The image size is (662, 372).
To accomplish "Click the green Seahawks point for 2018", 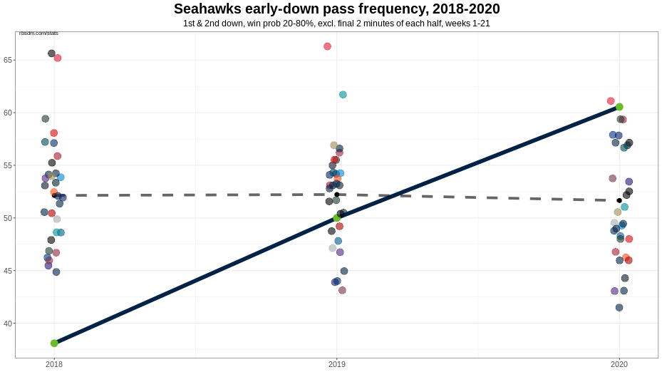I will click(x=54, y=343).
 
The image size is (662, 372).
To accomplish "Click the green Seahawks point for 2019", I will click(x=337, y=218).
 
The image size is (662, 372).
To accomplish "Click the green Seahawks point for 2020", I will click(x=619, y=107).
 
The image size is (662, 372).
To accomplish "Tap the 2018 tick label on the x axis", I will click(x=54, y=365).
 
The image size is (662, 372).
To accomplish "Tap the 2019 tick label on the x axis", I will click(x=337, y=365).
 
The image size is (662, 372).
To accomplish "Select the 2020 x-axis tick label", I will click(x=619, y=365).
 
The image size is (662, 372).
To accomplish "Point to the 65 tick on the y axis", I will click(x=8, y=60).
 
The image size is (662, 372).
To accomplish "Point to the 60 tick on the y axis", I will click(x=8, y=113).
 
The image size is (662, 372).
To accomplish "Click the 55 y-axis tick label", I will click(x=8, y=165).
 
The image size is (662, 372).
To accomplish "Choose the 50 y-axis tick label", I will click(x=8, y=218).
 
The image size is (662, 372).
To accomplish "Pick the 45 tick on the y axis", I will click(x=8, y=271).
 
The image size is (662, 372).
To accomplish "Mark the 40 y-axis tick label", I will click(x=8, y=324).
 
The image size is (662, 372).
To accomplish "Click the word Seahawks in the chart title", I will click(x=210, y=9).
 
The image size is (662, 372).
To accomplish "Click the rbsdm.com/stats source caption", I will click(x=38, y=33).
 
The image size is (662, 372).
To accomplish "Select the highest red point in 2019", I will click(x=327, y=46).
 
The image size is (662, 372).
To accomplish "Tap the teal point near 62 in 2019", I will click(x=343, y=95).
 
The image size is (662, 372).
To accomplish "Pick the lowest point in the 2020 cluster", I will click(x=619, y=308).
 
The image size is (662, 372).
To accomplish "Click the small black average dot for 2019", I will click(x=337, y=195).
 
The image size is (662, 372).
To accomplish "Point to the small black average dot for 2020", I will click(x=619, y=200).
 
